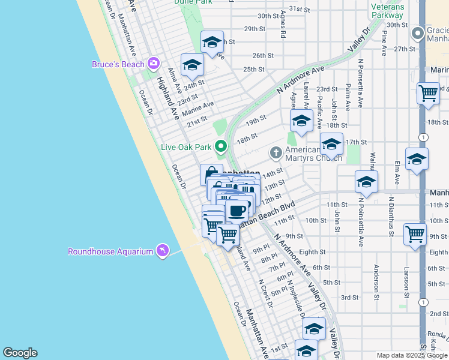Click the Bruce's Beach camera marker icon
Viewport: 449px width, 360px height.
point(154,63)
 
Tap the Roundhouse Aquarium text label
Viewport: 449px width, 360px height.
point(110,252)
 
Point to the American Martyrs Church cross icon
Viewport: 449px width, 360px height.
point(276,152)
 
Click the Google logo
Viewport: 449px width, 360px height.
point(20,353)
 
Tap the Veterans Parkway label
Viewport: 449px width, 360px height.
point(387,11)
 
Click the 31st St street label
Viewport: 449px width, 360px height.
point(298,8)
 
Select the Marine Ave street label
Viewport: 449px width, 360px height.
point(198,109)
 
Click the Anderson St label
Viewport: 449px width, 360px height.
point(376,283)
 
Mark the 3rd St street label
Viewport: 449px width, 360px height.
point(349,298)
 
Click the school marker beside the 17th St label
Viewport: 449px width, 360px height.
point(331,144)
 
